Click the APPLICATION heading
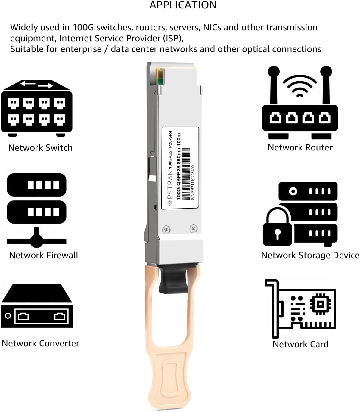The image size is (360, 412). (183, 5)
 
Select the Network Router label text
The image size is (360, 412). (300, 147)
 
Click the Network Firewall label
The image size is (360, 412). (44, 255)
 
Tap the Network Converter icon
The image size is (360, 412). (37, 306)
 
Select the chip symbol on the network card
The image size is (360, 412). (321, 305)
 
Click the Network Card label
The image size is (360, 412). (300, 344)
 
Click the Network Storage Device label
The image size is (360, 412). (310, 255)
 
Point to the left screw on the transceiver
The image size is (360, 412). (166, 230)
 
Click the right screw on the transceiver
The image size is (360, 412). (194, 228)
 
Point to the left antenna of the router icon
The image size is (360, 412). (274, 86)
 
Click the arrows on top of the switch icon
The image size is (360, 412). (37, 85)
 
